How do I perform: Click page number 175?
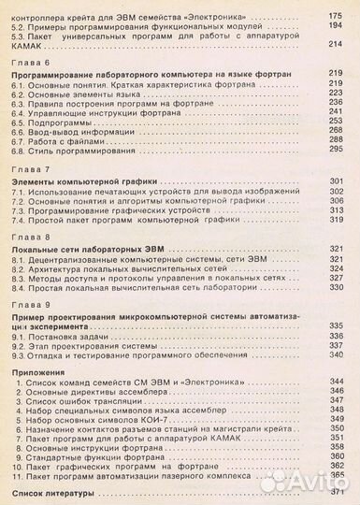(x=335, y=18)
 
